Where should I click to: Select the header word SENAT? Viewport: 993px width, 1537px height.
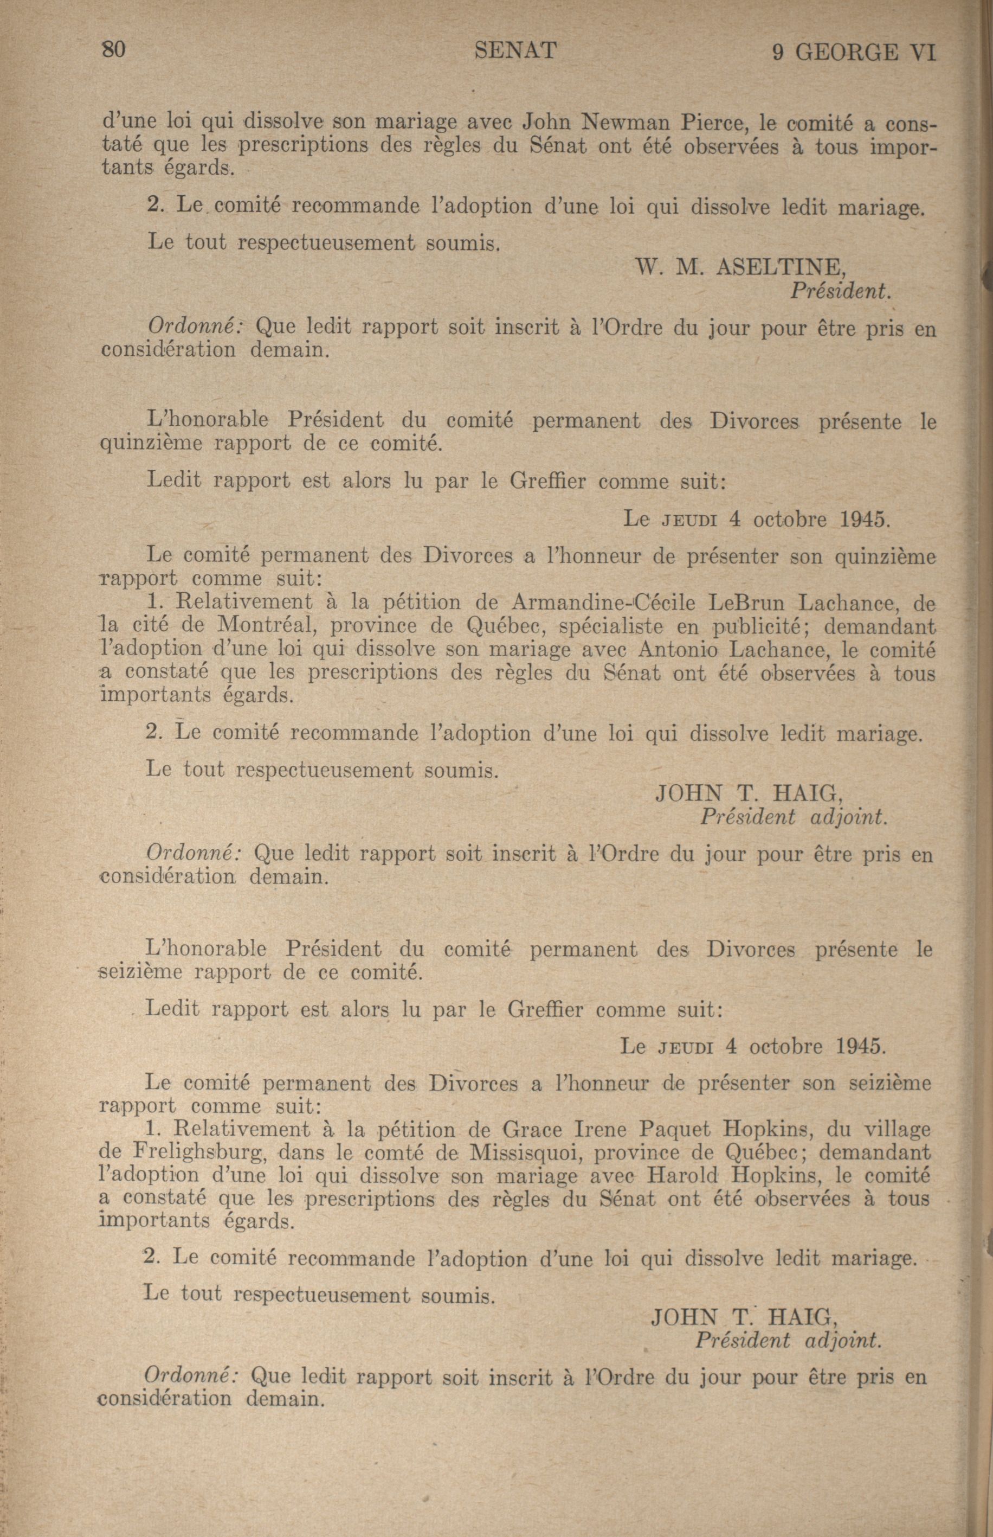click(515, 50)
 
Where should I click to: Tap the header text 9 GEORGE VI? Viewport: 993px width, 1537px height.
click(853, 52)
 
